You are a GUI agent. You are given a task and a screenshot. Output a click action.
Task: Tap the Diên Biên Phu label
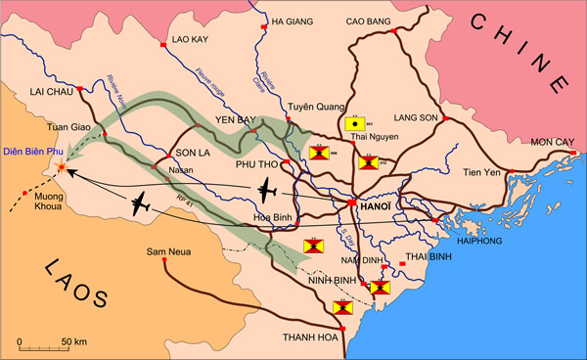(33, 151)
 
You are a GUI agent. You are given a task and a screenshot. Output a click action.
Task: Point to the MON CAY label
(554, 143)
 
